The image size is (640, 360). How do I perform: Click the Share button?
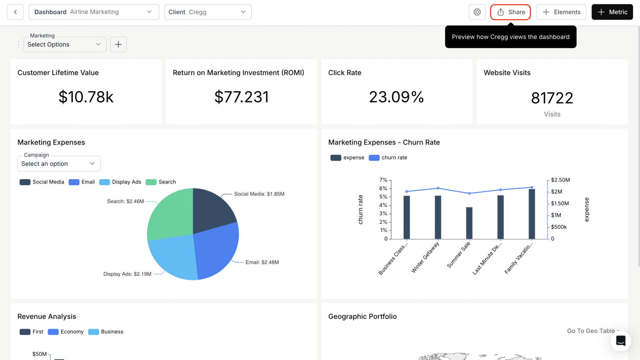(510, 12)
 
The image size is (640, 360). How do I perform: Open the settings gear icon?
(477, 12)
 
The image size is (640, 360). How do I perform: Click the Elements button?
(561, 12)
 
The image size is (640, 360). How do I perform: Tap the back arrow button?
(15, 12)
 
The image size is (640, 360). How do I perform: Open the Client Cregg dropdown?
(208, 12)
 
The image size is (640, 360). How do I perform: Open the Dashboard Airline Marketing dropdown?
(94, 12)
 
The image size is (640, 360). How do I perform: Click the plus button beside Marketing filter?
(118, 44)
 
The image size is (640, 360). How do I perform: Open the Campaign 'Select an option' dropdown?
(59, 164)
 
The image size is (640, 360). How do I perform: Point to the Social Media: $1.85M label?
(259, 194)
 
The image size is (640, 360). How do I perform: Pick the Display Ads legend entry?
(120, 182)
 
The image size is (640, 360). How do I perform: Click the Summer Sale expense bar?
(469, 224)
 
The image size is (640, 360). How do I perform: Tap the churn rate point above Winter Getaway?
(438, 188)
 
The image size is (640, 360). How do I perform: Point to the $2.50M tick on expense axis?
(560, 180)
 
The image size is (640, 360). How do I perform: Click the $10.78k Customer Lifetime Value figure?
(86, 97)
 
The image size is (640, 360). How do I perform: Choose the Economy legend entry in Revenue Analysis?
(65, 332)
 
